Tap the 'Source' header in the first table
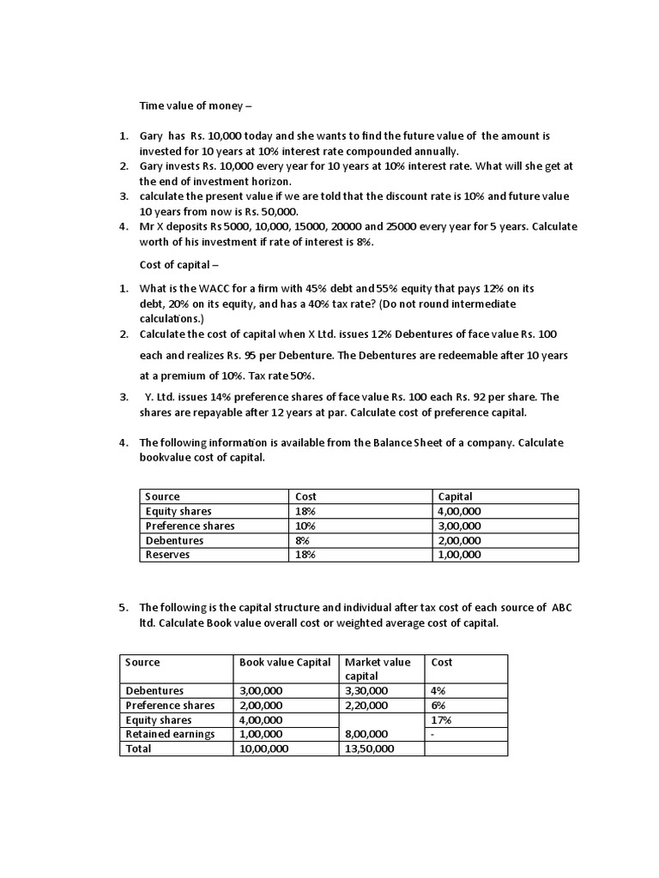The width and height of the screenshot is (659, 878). tap(162, 496)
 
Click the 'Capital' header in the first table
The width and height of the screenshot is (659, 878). tap(455, 496)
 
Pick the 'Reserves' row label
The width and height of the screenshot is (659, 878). tap(167, 555)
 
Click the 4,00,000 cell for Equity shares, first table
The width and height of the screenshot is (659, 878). tap(459, 511)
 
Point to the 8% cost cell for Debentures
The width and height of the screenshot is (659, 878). tap(302, 540)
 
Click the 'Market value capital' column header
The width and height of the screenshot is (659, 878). tap(378, 669)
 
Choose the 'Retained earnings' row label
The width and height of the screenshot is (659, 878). tap(170, 734)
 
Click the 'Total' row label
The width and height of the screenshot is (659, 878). tap(138, 749)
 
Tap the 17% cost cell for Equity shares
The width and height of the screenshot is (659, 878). tap(441, 720)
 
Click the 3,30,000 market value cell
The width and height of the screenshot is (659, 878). tap(366, 690)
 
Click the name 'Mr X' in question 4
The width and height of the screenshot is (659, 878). tap(153, 227)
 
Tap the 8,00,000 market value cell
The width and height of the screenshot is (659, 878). tap(366, 734)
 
